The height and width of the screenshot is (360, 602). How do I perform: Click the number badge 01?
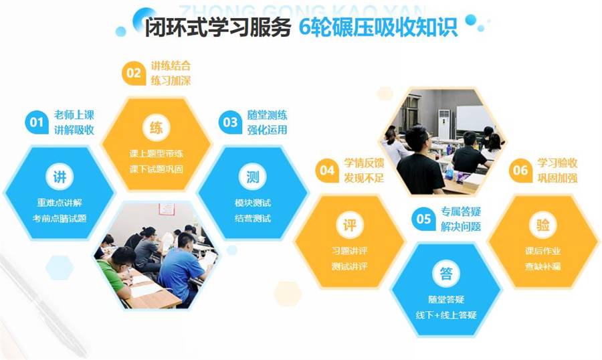[x=36, y=122]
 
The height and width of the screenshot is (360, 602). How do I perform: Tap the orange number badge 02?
[x=134, y=73]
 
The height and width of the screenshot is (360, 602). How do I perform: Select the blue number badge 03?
[x=230, y=122]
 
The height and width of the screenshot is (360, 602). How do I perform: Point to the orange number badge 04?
[x=327, y=171]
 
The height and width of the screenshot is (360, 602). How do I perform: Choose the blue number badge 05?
[x=423, y=219]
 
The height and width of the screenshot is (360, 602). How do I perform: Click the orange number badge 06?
[x=520, y=171]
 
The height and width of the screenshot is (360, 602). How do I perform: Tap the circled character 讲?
[x=60, y=177]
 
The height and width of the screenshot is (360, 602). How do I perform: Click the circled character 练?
[x=156, y=128]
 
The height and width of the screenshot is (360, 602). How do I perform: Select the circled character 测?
[x=253, y=177]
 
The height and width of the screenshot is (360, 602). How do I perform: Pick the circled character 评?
[x=349, y=226]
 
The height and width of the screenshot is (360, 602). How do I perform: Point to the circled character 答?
[x=446, y=273]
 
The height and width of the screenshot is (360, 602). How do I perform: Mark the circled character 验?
[x=542, y=226]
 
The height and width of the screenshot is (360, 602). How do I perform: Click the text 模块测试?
[x=253, y=203]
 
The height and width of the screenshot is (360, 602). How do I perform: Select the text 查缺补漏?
[x=542, y=266]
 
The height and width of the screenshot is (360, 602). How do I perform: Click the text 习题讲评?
[x=349, y=251]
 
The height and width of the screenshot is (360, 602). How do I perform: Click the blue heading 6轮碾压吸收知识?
[x=378, y=28]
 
